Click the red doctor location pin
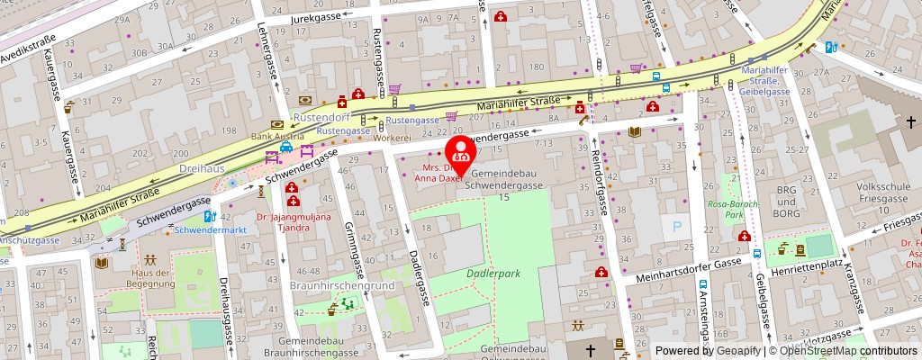tap(461, 150)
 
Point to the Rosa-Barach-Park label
tap(734, 210)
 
